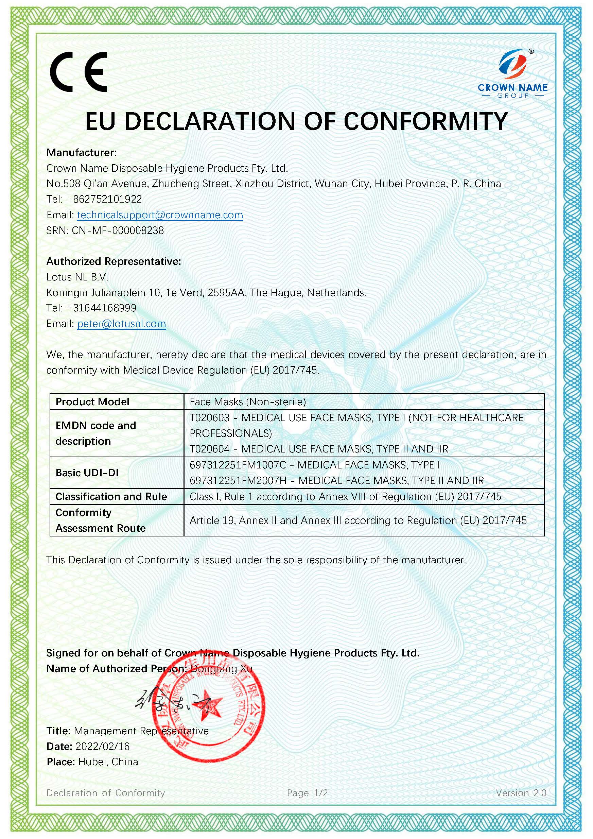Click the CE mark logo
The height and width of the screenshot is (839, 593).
tap(79, 71)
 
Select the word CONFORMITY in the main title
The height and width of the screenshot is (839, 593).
tap(426, 121)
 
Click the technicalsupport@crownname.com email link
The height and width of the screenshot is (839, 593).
tap(160, 215)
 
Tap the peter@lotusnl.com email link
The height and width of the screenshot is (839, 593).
tap(121, 324)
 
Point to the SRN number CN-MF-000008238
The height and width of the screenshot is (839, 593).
tap(118, 230)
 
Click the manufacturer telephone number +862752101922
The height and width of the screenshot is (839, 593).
tap(104, 199)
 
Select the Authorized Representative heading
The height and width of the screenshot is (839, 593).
tap(114, 261)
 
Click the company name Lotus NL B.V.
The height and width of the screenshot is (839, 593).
tap(77, 277)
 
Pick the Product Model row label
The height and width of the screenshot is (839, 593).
tap(92, 402)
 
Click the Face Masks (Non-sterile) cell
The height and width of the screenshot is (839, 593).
tap(248, 402)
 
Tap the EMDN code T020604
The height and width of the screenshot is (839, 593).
tap(209, 449)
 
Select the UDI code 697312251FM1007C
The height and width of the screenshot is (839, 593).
tap(238, 465)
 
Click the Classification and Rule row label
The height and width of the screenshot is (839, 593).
tap(111, 497)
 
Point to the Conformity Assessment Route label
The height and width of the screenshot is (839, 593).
tap(101, 520)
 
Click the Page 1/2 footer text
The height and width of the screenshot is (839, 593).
tap(307, 793)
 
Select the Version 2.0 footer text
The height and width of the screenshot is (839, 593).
tap(521, 793)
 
